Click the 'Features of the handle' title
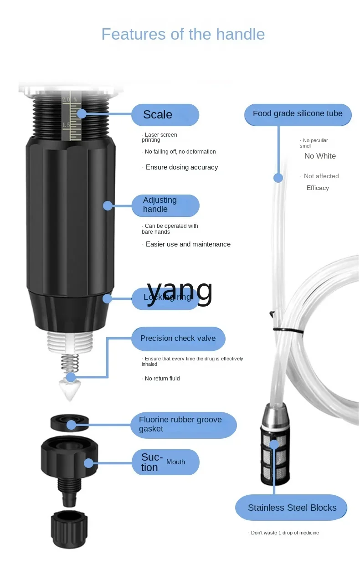[183, 35]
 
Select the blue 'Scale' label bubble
[165, 115]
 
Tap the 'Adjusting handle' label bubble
[165, 205]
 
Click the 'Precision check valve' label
[178, 339]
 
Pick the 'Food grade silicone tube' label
[298, 114]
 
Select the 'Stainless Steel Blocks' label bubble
[292, 508]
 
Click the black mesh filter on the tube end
[273, 461]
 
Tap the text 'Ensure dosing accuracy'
[181, 167]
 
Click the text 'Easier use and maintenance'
[188, 244]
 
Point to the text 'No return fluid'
[162, 379]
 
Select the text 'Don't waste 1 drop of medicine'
[285, 533]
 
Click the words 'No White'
[320, 156]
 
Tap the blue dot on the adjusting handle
[108, 205]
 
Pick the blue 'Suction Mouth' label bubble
[165, 462]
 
